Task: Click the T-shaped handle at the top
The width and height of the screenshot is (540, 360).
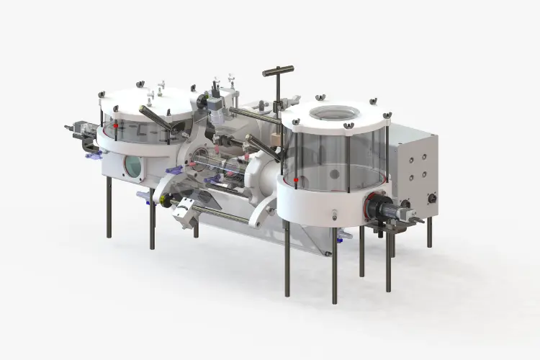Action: [278, 71]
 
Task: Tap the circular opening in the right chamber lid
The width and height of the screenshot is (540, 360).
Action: [333, 114]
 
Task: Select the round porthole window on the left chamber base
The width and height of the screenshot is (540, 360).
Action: [133, 166]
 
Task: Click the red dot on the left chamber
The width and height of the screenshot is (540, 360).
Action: [115, 126]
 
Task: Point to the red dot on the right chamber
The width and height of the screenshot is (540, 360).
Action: [296, 179]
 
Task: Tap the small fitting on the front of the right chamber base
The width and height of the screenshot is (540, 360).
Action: [335, 214]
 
